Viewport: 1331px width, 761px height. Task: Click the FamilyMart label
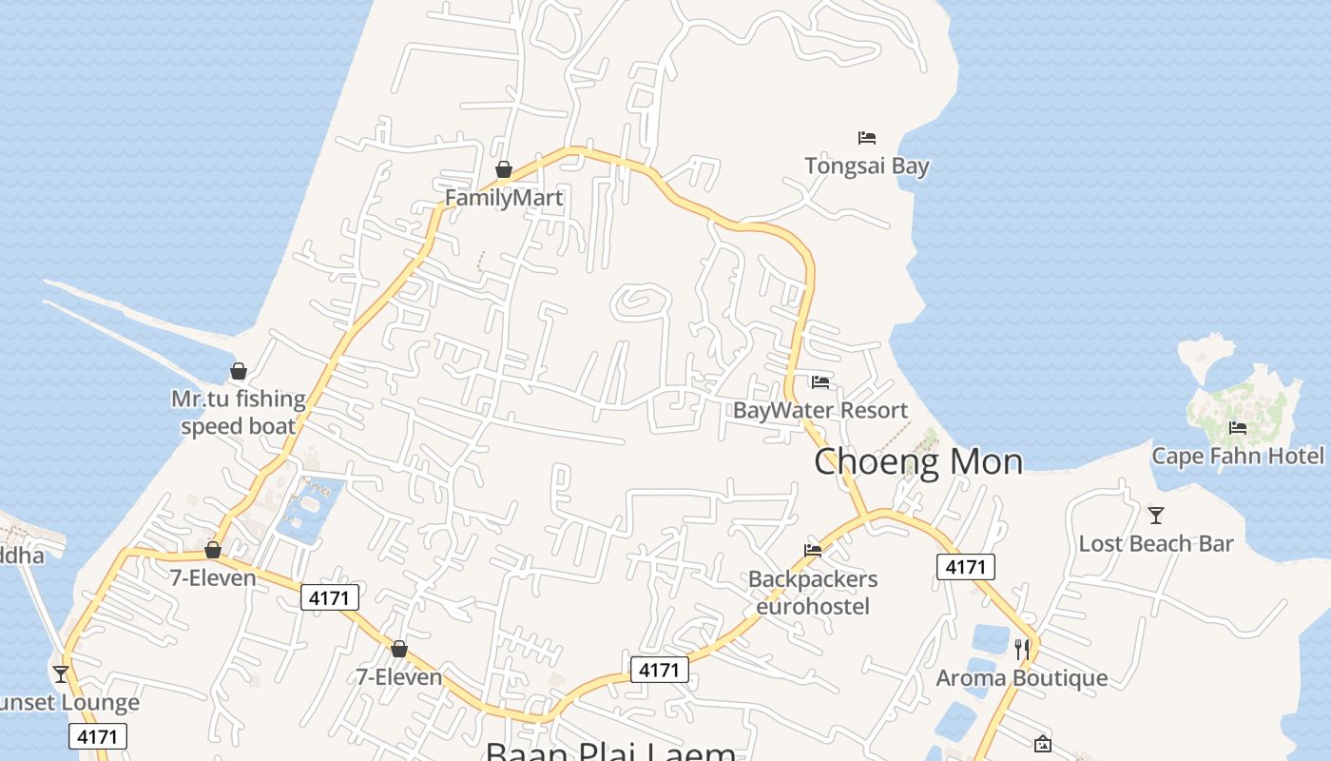(504, 198)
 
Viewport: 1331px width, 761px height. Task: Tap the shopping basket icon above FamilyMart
(504, 170)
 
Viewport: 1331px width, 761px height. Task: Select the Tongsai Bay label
(866, 166)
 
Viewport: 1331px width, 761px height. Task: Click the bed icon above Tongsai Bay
(866, 138)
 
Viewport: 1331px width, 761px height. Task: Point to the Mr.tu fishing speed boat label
(239, 412)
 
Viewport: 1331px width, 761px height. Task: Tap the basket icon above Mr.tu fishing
(239, 371)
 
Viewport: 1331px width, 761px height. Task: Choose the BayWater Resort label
(820, 410)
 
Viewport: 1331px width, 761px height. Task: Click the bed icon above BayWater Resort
(820, 382)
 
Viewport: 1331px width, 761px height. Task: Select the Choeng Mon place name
(918, 461)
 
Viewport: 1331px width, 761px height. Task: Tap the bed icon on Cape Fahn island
(1238, 428)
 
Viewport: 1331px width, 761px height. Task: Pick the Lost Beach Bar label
(1155, 543)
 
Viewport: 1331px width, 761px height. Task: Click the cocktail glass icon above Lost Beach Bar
(1156, 516)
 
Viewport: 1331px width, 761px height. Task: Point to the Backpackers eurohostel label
(813, 592)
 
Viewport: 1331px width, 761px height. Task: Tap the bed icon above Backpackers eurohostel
(813, 550)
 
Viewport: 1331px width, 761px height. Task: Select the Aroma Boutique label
(1022, 677)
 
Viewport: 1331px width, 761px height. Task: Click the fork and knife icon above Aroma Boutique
(1022, 650)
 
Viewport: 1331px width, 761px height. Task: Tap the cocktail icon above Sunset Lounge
(61, 674)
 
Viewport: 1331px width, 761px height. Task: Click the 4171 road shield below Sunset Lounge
(98, 736)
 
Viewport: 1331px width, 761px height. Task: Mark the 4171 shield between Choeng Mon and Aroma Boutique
(966, 567)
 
